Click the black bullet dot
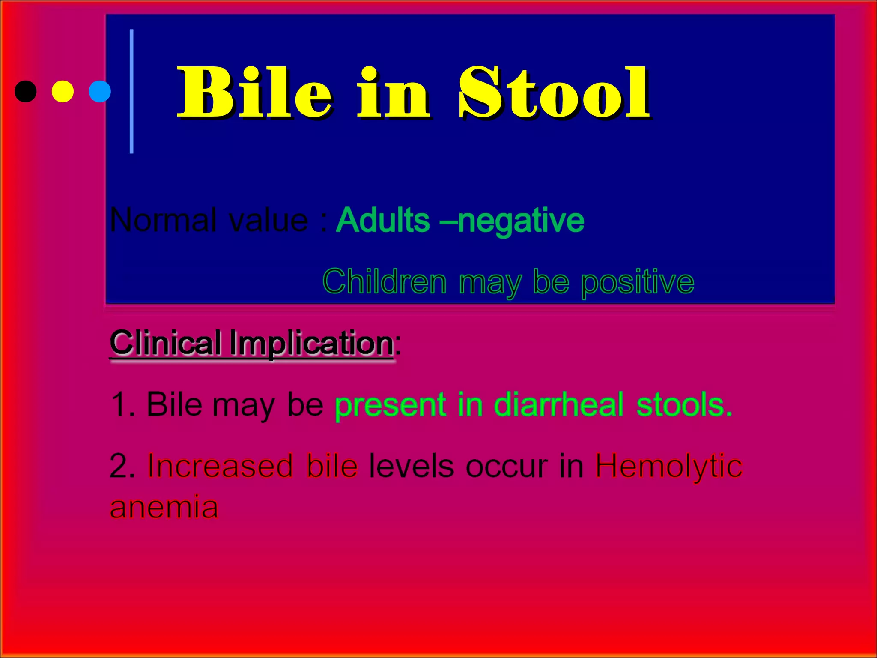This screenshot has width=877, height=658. tap(25, 91)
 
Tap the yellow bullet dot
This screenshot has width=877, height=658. tap(63, 91)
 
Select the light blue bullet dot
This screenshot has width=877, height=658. tap(100, 91)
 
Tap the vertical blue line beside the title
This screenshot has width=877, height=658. tap(131, 91)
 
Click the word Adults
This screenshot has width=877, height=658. tap(382, 220)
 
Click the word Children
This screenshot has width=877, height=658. tap(385, 282)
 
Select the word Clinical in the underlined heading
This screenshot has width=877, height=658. tap(166, 343)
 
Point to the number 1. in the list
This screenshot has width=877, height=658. tap(122, 404)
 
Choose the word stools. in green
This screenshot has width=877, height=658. tap(684, 404)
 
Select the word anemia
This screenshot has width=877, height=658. tap(164, 507)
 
